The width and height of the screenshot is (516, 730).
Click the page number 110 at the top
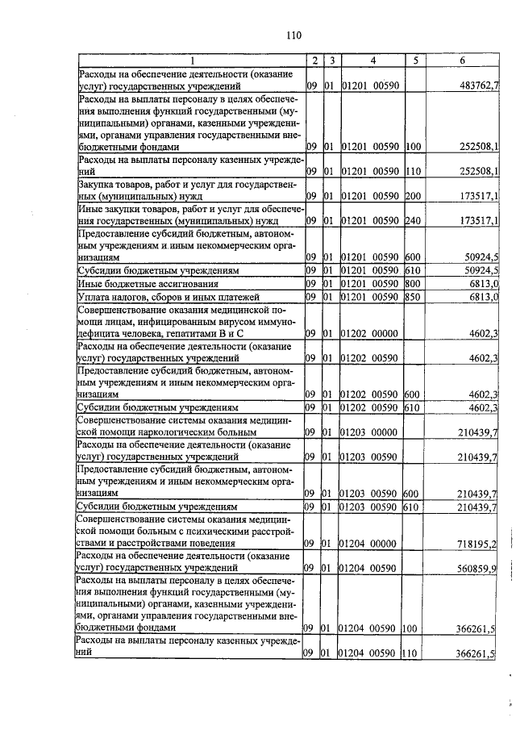293,35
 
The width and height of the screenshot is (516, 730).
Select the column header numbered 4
373,60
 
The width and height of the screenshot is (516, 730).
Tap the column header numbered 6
462,60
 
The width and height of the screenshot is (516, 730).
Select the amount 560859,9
475,569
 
